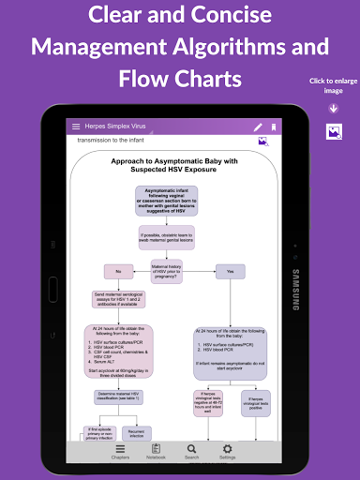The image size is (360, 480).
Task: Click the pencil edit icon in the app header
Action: pyautogui.click(x=258, y=127)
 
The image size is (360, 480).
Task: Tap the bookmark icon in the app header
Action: pyautogui.click(x=274, y=127)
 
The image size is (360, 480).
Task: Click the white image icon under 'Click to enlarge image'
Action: pyautogui.click(x=333, y=131)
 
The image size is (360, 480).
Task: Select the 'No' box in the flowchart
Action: pyautogui.click(x=119, y=272)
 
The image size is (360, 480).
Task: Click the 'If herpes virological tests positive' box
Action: pyautogui.click(x=256, y=401)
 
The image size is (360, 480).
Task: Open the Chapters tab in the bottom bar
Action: pyautogui.click(x=120, y=451)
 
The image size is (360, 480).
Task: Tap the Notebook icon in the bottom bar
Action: pyautogui.click(x=157, y=451)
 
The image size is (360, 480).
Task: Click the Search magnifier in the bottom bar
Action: pyautogui.click(x=191, y=451)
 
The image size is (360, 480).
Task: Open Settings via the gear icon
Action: pyautogui.click(x=227, y=451)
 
